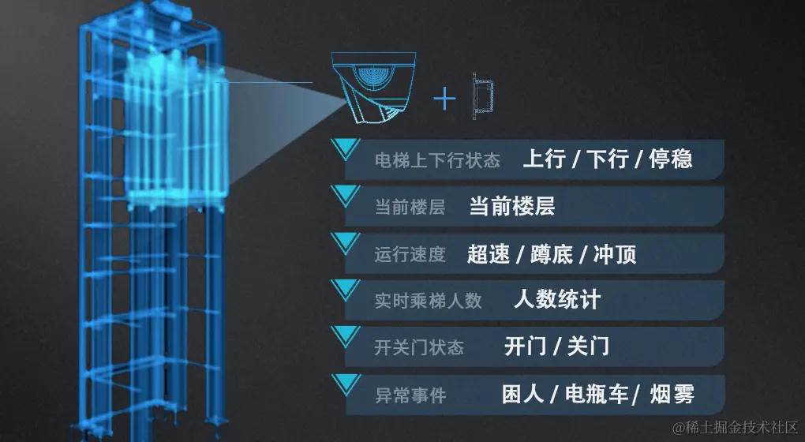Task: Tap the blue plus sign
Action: (445, 98)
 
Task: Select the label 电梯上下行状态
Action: (437, 160)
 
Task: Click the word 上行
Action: (544, 159)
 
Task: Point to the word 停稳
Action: (671, 159)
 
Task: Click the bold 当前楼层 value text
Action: (511, 207)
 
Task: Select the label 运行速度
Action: (410, 254)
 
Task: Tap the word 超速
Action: (488, 254)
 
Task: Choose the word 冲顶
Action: (615, 254)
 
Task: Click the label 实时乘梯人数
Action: (428, 301)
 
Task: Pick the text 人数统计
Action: (556, 300)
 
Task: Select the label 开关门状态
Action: (419, 347)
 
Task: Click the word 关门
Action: (588, 346)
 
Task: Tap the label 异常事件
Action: (410, 395)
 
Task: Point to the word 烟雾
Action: (672, 394)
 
